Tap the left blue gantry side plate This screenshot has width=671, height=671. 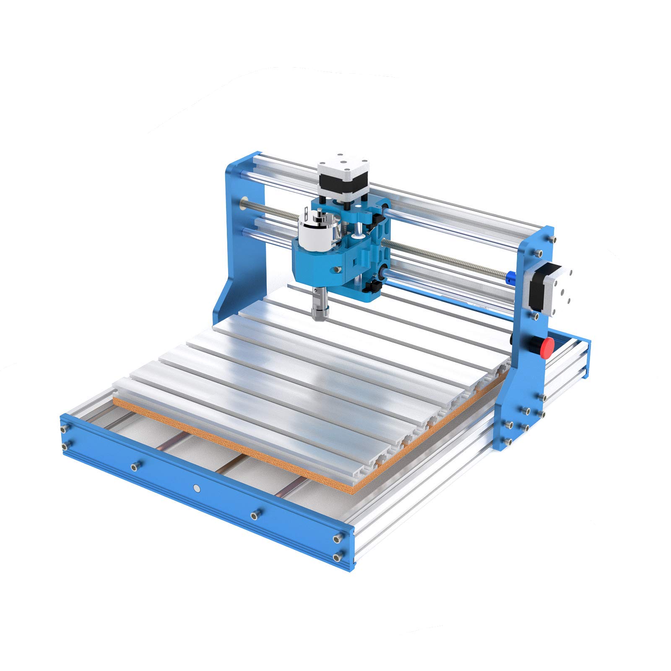coord(243,235)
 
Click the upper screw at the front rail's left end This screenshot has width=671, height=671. coord(64,428)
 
